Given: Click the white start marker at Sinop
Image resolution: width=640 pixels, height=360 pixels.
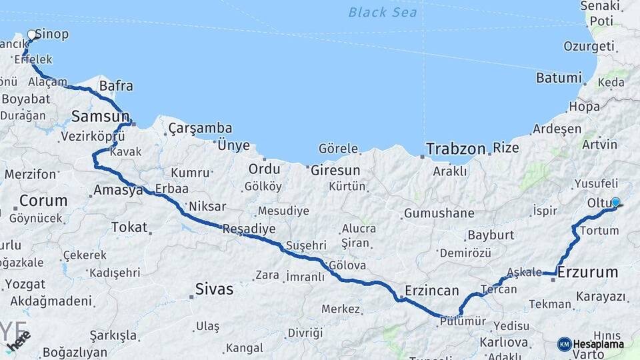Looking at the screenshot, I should (31, 35).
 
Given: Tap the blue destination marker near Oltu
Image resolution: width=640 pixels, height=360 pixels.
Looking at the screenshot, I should (615, 202).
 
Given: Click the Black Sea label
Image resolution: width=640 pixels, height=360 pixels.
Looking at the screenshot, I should (383, 12).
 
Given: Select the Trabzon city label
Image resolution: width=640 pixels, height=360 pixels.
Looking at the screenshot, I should (456, 149).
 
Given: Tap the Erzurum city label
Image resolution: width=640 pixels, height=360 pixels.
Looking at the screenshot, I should (587, 273).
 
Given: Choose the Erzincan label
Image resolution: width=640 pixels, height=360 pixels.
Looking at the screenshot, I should (432, 291).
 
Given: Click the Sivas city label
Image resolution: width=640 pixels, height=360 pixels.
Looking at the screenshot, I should (214, 289).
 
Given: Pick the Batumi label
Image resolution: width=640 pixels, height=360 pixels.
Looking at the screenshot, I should (559, 78).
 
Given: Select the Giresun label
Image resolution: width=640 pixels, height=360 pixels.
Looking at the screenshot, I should (335, 170).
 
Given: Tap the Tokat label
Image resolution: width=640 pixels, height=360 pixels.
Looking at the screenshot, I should (129, 227).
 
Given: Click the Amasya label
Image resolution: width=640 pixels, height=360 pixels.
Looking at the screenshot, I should (118, 190).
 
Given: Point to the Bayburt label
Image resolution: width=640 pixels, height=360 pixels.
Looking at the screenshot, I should (491, 235).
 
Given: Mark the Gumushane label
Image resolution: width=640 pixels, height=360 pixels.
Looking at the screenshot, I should (439, 214).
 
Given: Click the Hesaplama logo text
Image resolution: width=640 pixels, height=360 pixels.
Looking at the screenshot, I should (599, 344).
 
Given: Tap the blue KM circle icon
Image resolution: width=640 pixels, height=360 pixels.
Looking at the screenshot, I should (564, 344).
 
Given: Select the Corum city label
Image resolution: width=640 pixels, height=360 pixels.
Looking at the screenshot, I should (43, 201).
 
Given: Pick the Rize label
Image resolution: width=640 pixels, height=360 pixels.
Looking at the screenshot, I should (506, 148).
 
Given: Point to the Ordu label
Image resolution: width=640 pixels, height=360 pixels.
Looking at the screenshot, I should (264, 169).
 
